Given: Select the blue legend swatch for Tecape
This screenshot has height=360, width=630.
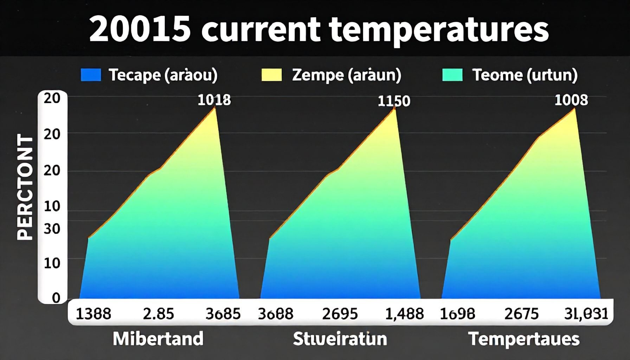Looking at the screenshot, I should tap(91, 75).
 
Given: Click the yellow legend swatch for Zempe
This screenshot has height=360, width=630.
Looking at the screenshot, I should tap(271, 75).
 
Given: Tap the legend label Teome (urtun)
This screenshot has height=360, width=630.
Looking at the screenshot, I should tap(524, 75).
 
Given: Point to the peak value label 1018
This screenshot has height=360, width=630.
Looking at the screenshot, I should tap(214, 100).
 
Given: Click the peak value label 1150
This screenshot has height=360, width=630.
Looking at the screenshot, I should tap(394, 101).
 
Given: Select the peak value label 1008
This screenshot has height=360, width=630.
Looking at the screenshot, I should tap(571, 100).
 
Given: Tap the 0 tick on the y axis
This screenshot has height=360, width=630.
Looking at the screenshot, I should tap(56, 298).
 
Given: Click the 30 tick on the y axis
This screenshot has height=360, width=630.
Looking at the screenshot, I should tap(52, 229).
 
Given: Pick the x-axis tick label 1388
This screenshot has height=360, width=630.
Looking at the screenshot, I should tap(93, 313).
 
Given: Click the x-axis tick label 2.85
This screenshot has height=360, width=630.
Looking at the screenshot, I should tap(158, 313).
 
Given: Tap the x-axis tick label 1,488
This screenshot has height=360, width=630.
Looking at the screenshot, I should tap(404, 313).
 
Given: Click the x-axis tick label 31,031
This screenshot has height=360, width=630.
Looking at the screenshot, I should tap(586, 313).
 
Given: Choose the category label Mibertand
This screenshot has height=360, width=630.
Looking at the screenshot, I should tap(158, 339).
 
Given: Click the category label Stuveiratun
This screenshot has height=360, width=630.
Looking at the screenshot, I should tap(340, 339).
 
